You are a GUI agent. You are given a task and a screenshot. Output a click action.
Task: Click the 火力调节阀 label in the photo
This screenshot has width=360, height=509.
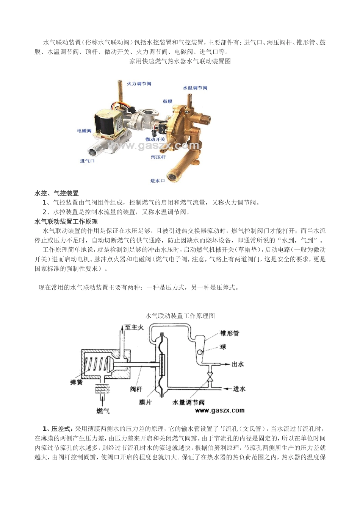click(139, 84)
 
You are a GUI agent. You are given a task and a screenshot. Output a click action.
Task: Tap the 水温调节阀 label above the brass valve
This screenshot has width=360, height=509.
click(195, 88)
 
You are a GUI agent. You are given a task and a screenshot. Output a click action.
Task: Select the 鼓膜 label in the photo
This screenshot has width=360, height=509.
click(167, 101)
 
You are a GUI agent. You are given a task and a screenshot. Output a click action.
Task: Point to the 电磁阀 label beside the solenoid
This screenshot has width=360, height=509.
click(85, 131)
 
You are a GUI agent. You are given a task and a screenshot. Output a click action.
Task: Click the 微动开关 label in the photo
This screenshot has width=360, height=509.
click(155, 139)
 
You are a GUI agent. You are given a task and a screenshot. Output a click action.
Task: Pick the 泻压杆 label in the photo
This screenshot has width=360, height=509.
click(158, 157)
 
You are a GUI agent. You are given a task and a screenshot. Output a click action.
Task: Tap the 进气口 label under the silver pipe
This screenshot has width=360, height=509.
click(87, 161)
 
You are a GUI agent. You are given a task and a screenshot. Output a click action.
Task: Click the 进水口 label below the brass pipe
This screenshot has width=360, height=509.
click(157, 181)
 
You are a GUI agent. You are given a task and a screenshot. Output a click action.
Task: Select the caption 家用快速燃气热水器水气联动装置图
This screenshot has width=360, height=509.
click(180, 61)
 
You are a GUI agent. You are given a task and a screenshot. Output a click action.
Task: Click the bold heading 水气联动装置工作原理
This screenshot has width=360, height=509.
click(66, 222)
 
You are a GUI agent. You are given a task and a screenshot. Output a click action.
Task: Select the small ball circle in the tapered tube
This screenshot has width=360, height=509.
click(200, 352)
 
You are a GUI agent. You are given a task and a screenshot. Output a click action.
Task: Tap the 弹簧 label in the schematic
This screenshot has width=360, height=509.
click(76, 383)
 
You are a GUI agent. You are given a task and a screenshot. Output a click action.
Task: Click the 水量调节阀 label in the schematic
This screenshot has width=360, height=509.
click(189, 403)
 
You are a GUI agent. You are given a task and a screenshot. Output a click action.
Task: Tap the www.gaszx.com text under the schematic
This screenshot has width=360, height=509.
click(220, 411)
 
